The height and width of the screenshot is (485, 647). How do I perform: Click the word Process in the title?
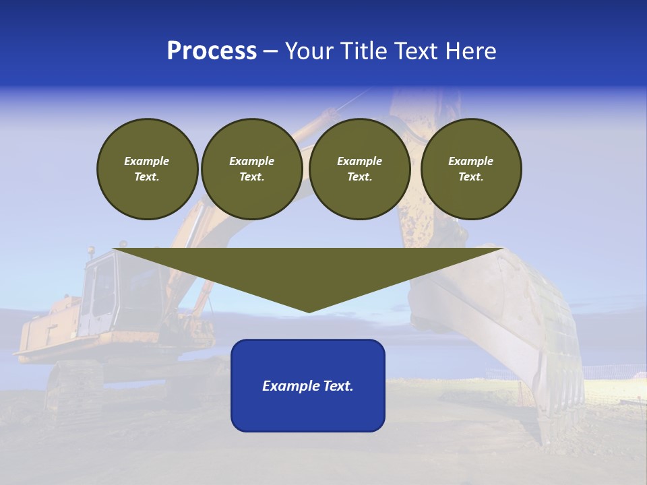click(x=212, y=51)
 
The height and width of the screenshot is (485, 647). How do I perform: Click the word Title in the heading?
click(x=363, y=51)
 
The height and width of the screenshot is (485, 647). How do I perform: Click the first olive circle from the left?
click(x=148, y=169)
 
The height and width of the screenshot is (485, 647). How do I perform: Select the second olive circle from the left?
click(x=251, y=169)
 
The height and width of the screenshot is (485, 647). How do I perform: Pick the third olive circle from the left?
click(x=359, y=169)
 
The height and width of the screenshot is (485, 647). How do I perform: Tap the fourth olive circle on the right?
click(x=471, y=169)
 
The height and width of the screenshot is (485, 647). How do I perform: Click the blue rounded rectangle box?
click(x=308, y=411)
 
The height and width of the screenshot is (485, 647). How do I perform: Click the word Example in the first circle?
click(x=147, y=161)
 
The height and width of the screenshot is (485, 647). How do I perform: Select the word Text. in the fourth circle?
click(x=471, y=177)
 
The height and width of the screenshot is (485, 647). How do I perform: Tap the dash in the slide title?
click(x=271, y=51)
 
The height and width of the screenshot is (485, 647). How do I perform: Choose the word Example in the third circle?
click(x=359, y=161)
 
